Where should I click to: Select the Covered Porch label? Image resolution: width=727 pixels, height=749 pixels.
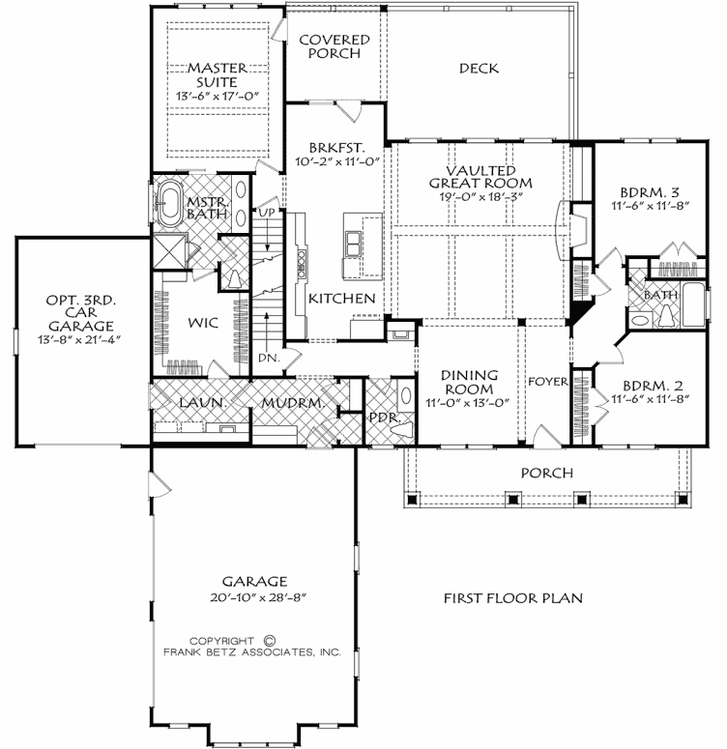[x=334, y=46]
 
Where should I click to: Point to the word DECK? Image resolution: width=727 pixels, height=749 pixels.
[x=479, y=68]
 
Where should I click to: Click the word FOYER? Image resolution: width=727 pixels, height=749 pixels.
[x=548, y=381]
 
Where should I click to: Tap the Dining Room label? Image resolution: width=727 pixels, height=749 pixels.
[x=469, y=382]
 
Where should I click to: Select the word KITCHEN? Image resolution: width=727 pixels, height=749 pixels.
[x=341, y=299]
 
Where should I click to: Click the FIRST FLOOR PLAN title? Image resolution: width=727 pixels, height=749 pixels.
[x=512, y=598]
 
